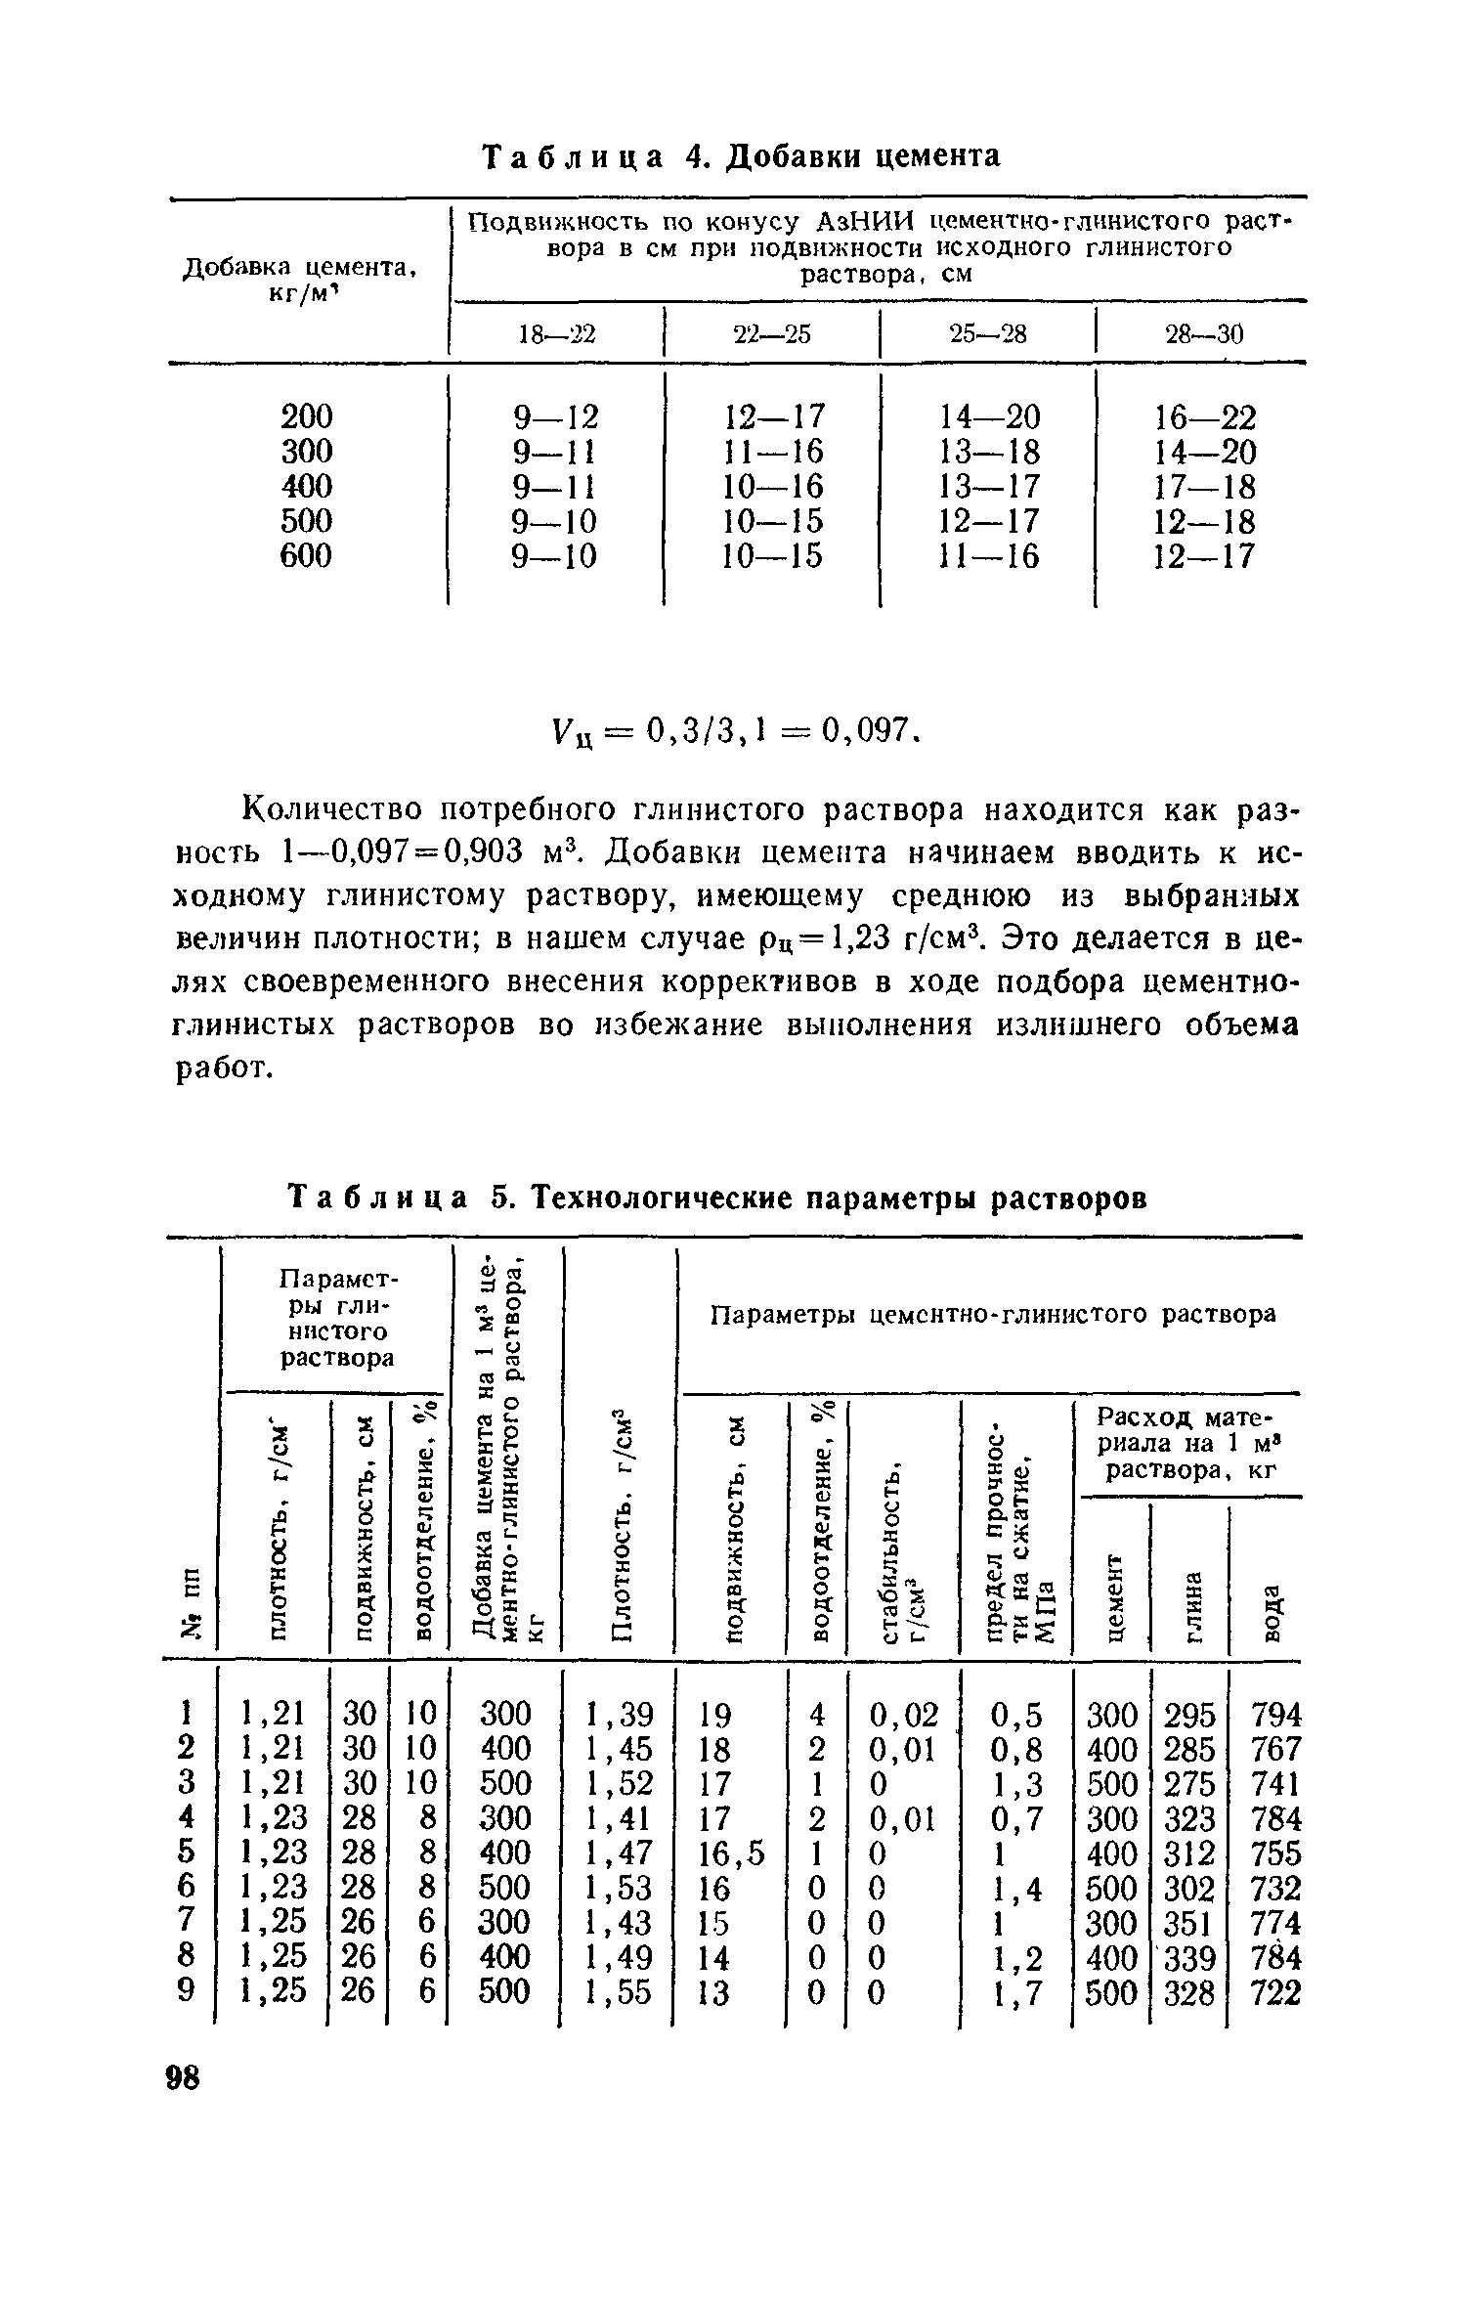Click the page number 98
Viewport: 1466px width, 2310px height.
click(x=183, y=2077)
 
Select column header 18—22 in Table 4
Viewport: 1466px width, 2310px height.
click(x=556, y=334)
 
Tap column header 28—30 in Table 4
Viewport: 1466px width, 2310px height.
click(x=1203, y=334)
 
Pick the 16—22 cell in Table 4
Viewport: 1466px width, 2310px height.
click(x=1204, y=417)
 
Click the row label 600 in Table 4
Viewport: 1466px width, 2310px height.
click(x=306, y=555)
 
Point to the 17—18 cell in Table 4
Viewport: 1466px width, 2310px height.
click(x=1204, y=487)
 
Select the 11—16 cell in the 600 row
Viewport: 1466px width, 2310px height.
click(x=989, y=556)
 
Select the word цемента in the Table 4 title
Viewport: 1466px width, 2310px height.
click(x=935, y=155)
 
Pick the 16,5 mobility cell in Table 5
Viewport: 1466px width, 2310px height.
click(x=732, y=1852)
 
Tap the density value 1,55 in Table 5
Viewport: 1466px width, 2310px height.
click(x=618, y=1991)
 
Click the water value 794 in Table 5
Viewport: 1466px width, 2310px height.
click(x=1275, y=1714)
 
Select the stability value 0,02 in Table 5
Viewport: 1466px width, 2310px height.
click(x=903, y=1714)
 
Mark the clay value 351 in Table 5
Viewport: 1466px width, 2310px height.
click(x=1189, y=1922)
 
